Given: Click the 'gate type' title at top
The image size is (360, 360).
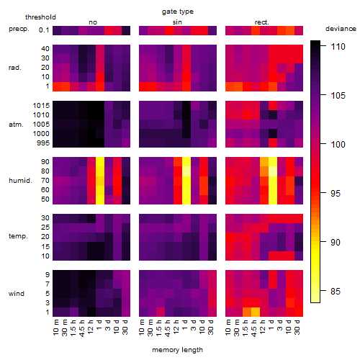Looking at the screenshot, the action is [x=178, y=12].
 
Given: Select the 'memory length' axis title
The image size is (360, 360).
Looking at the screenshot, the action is [x=177, y=350].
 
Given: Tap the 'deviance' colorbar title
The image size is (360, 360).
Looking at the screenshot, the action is [x=341, y=29].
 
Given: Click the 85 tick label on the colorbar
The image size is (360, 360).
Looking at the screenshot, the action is [x=336, y=292].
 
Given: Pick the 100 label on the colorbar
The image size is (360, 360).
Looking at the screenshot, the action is [x=338, y=144].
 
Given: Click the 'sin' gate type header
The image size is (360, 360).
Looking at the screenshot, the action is [x=177, y=22].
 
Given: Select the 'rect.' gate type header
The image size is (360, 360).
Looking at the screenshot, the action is [x=261, y=22].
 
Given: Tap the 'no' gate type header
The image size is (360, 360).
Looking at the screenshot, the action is [x=93, y=22].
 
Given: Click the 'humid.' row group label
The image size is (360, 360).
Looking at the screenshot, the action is [x=20, y=180].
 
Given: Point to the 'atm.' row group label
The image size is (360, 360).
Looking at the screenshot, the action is [x=16, y=125].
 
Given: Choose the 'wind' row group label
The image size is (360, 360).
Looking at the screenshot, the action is [x=17, y=293].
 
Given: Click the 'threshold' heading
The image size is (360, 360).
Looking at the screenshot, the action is [x=40, y=17].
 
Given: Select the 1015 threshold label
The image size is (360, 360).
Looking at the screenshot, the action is [x=41, y=105].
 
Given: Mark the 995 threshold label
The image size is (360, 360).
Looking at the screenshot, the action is [x=43, y=143].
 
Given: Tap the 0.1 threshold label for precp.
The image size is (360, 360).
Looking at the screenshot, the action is [x=44, y=30].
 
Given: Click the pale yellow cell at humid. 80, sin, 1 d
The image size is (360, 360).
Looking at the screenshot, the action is [x=186, y=171].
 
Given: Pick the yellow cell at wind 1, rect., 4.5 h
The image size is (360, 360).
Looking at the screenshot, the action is [x=256, y=312].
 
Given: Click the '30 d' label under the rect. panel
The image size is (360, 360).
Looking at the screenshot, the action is [x=297, y=327].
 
